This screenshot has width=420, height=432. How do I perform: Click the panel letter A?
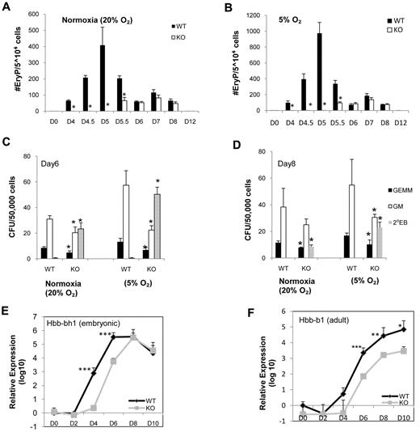6,6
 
